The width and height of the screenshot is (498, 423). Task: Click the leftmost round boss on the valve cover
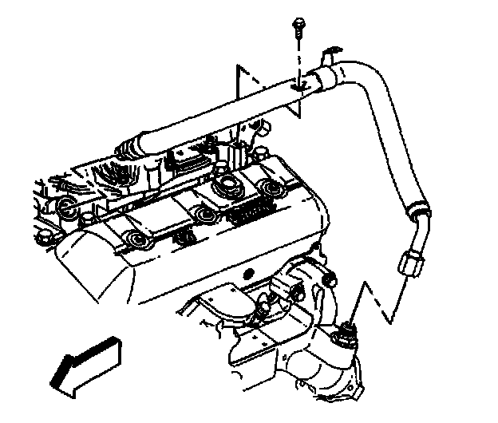67,209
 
